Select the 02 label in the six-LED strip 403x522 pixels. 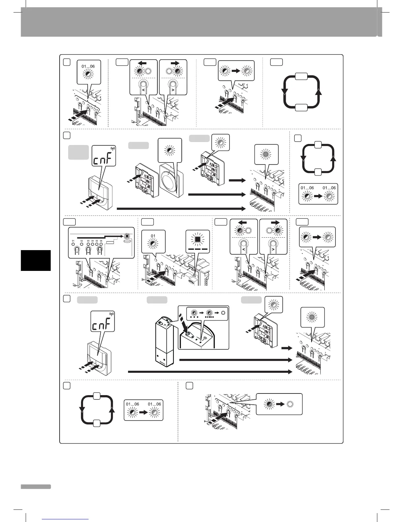tap(81, 241)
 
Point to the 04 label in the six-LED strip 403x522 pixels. tap(93, 241)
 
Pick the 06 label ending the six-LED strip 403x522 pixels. tap(101, 241)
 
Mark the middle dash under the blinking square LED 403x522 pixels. tap(198, 249)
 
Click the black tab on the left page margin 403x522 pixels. tap(36, 260)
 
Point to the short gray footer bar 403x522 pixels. tap(36, 487)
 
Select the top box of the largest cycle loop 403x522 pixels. tap(302, 76)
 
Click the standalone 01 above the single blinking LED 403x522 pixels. tap(153, 236)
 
